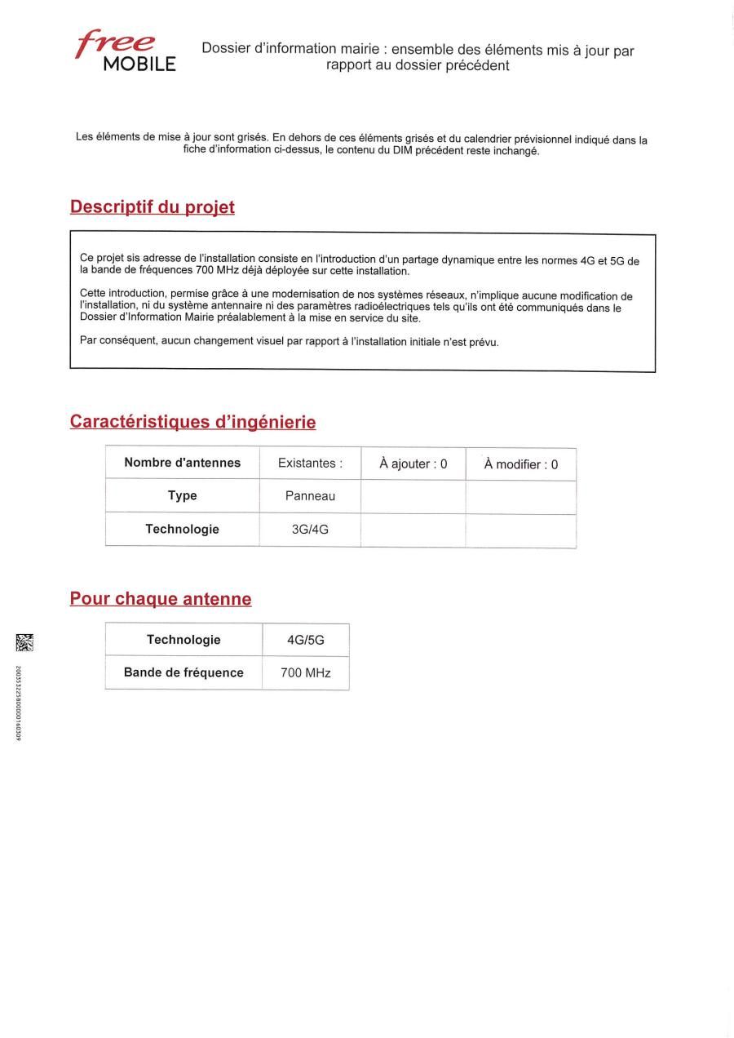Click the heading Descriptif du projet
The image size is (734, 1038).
[153, 207]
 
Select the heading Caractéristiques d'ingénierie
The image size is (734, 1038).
[192, 422]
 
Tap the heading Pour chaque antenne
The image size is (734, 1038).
[161, 599]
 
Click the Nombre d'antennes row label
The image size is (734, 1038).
[183, 463]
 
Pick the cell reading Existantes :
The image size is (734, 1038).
[310, 463]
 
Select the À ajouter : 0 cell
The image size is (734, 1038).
[413, 464]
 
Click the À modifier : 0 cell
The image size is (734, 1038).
[521, 464]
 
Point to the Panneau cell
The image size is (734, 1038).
[310, 496]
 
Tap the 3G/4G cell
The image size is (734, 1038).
[310, 530]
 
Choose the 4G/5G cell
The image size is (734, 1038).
[306, 640]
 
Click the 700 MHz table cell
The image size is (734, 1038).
[306, 673]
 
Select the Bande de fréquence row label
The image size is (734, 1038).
[183, 672]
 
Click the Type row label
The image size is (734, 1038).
[183, 495]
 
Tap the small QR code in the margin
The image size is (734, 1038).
[21, 643]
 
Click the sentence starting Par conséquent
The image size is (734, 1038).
[289, 341]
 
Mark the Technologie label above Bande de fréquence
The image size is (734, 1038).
[183, 640]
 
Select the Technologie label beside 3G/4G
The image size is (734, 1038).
[183, 529]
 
